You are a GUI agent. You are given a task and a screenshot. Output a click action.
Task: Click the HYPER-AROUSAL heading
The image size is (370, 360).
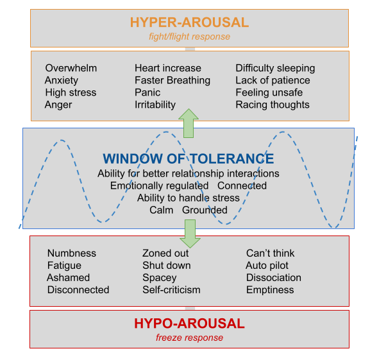click(x=189, y=22)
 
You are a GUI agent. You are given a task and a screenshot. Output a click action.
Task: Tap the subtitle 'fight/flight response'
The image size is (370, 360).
click(x=189, y=37)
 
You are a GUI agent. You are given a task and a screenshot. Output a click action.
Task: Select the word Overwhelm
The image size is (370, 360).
click(x=71, y=68)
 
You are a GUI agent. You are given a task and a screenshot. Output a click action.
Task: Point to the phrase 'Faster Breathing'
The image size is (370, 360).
click(x=172, y=80)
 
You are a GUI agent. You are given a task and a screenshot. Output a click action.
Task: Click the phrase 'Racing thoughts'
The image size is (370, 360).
click(x=273, y=105)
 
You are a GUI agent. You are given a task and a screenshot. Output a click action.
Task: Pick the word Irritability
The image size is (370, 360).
click(x=155, y=105)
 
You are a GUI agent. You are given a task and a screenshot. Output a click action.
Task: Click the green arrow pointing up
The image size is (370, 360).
click(x=189, y=123)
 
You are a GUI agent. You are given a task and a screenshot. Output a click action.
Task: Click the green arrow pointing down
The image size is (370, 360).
click(x=190, y=234)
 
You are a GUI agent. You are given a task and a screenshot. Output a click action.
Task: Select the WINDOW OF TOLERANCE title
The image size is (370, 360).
click(x=189, y=159)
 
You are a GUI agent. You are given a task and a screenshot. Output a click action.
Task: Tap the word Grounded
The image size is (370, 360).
click(x=205, y=210)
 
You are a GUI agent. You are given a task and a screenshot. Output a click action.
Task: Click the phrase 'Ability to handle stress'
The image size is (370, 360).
click(x=189, y=198)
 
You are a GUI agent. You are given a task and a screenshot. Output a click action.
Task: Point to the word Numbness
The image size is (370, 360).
click(x=72, y=253)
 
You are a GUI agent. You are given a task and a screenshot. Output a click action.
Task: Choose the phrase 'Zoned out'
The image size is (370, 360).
click(x=165, y=253)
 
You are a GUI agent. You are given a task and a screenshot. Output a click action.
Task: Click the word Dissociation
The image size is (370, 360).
click(x=274, y=278)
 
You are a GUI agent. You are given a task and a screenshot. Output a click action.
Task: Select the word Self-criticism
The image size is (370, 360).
click(x=172, y=290)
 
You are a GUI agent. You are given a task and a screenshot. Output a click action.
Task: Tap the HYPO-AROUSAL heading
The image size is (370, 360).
click(x=189, y=323)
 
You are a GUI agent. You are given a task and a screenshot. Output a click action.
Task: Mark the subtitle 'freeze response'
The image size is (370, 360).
click(x=189, y=338)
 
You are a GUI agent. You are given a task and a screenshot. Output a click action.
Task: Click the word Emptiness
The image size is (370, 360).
click(x=270, y=290)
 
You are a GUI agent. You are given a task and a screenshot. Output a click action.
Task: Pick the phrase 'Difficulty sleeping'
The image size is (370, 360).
click(x=275, y=68)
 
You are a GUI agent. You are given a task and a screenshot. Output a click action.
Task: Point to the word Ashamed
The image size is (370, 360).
click(x=69, y=278)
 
